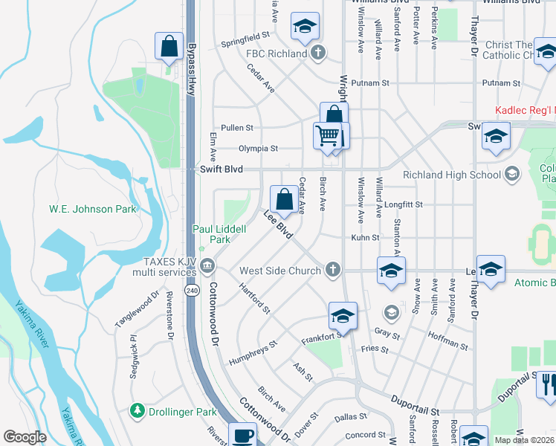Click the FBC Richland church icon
point(318,53)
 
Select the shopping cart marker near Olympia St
point(326,136)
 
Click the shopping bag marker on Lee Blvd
point(284,199)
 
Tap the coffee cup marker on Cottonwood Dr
point(242,435)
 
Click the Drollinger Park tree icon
point(137,410)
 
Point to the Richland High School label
point(451,175)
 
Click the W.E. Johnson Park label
point(93,209)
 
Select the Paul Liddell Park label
point(219,234)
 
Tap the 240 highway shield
point(192,289)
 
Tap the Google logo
point(25,437)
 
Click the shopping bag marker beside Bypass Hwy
point(169,46)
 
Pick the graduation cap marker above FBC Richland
point(304,26)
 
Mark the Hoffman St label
point(448,340)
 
